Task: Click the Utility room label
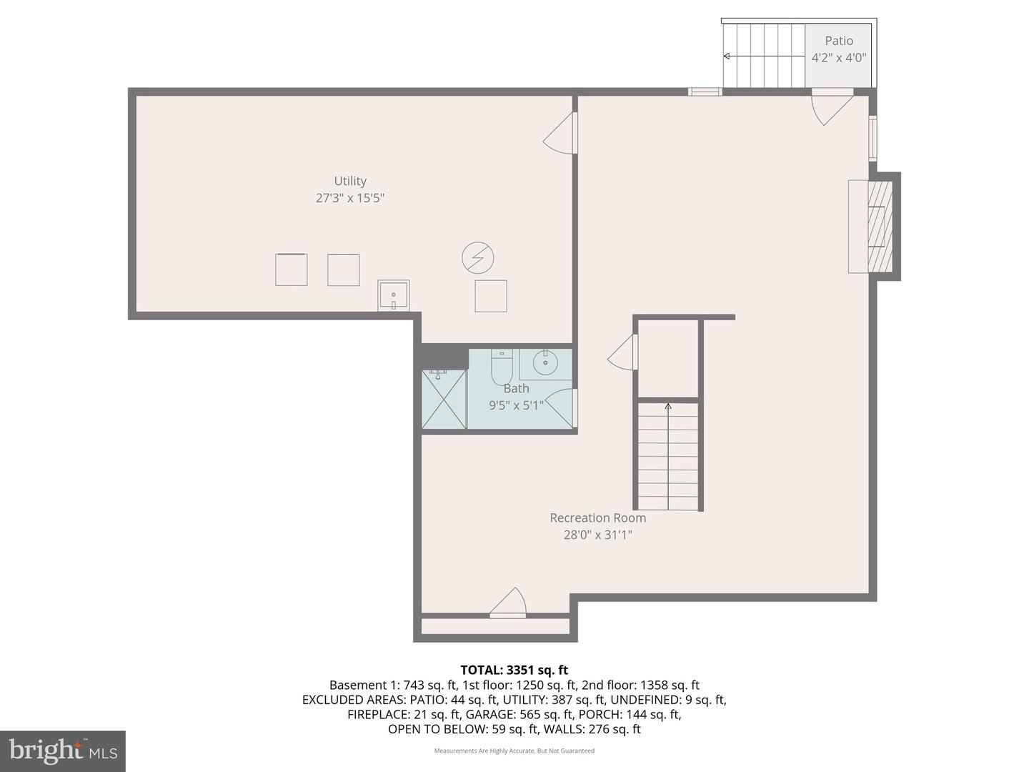350,182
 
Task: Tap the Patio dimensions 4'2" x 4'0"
839,58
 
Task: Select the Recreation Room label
597,518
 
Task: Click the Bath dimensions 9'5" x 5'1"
516,405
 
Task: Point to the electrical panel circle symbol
478,258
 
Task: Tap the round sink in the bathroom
545,363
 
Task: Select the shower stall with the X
444,400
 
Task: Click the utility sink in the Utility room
393,295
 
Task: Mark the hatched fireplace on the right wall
880,227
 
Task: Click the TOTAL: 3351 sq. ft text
514,670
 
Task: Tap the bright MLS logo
63,751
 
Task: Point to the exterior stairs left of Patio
764,56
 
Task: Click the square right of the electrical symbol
491,296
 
